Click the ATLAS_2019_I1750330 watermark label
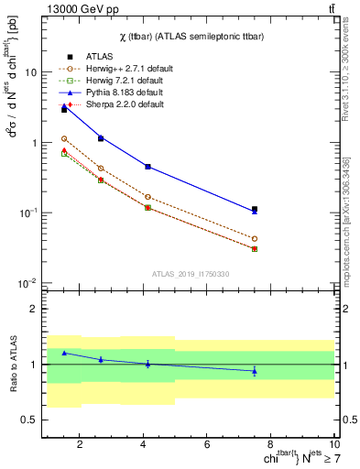(190, 274)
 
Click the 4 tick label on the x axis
(143, 446)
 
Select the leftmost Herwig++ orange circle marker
(64, 138)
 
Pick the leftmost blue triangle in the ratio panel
(64, 353)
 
